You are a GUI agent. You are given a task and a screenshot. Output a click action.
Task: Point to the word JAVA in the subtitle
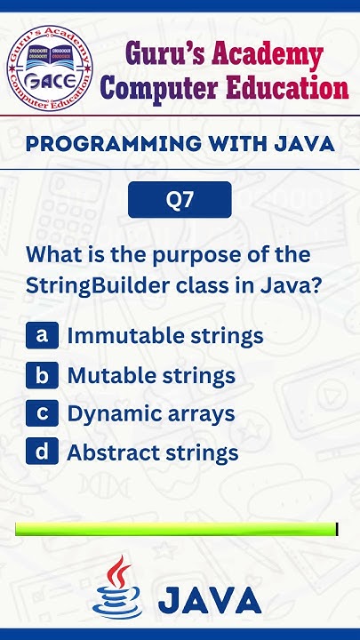(x=302, y=143)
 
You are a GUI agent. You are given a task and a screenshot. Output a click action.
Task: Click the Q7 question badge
(x=180, y=200)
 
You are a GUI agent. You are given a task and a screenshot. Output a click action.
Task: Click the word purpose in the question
(x=180, y=255)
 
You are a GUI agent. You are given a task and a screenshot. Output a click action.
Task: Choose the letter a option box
(x=41, y=335)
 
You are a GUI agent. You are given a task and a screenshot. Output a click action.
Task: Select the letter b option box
(x=41, y=374)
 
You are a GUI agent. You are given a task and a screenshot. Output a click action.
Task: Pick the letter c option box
(x=41, y=413)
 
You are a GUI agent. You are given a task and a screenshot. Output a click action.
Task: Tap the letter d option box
(x=41, y=452)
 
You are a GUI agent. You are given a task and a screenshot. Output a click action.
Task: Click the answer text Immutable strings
(x=165, y=336)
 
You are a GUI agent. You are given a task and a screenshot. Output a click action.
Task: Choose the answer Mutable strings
(x=151, y=375)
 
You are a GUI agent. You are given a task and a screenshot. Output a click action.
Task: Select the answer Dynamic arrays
(x=151, y=414)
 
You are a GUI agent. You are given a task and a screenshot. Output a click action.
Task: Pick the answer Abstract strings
(x=153, y=453)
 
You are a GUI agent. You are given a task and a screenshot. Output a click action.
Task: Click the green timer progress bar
(x=176, y=529)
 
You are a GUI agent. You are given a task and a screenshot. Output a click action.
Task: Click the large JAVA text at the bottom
(x=210, y=600)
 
